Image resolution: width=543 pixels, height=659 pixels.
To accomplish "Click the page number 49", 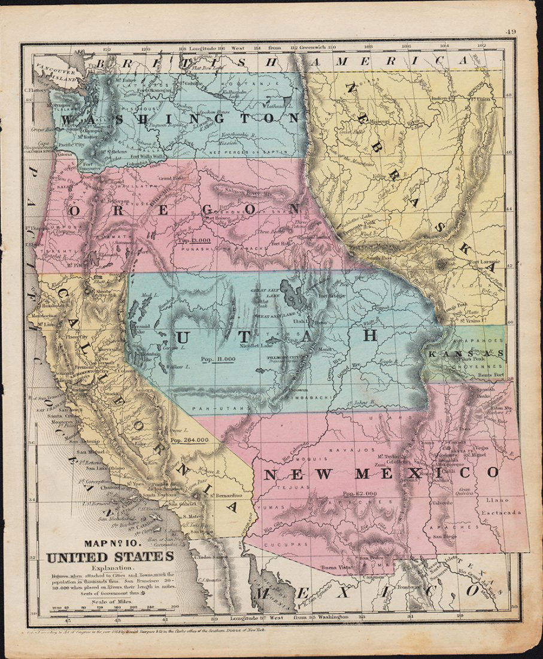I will click(510, 32).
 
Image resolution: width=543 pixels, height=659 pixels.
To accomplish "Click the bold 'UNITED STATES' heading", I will click(110, 557).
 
